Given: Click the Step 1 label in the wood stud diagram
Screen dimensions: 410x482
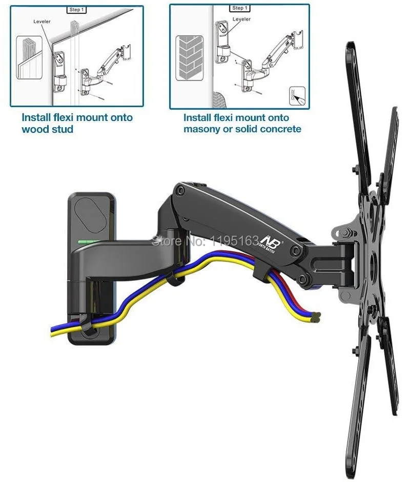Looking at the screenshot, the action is pyautogui.click(x=76, y=10).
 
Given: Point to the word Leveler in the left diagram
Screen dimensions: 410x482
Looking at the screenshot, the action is pyautogui.click(x=43, y=23).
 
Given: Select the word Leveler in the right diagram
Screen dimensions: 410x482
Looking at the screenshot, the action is pyautogui.click(x=241, y=19).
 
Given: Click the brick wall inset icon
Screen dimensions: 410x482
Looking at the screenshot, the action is pyautogui.click(x=190, y=57).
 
